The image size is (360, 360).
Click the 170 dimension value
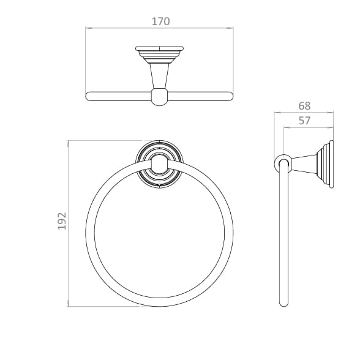160,21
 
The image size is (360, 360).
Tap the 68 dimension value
304,105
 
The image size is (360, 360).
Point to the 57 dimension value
304,121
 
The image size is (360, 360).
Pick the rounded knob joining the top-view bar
160,96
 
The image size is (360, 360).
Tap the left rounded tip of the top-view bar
88,96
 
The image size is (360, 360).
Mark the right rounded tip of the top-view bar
231,96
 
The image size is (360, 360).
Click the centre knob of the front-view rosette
160,163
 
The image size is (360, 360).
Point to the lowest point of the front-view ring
160,306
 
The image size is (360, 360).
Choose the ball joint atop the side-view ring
283,163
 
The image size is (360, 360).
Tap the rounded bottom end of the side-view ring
283,303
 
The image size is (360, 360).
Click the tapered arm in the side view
302,163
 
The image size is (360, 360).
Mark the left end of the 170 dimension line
86,28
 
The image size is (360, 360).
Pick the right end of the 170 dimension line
234,28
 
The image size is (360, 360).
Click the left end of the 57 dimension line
283,128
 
